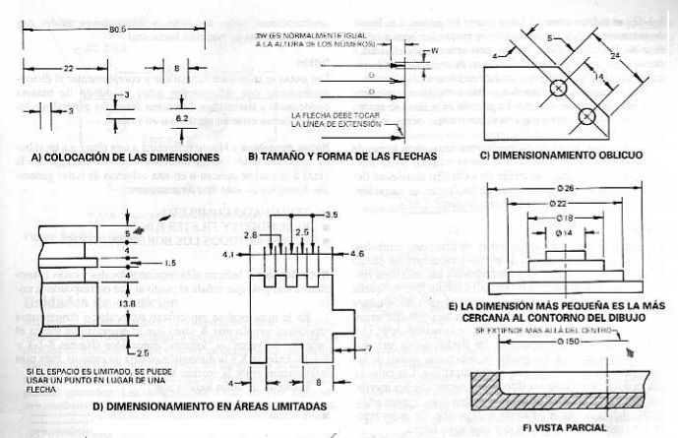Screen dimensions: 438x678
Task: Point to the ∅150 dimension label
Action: click(558, 354)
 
